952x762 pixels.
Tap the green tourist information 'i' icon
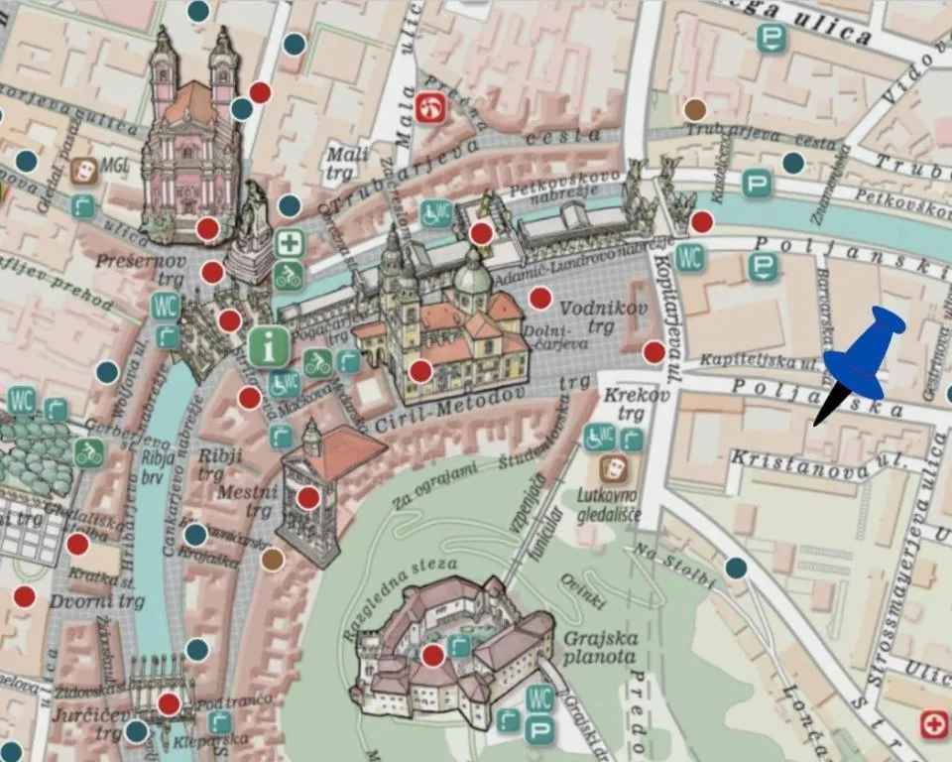coord(269,346)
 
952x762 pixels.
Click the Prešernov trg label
coord(128,270)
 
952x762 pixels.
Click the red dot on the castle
coord(432,655)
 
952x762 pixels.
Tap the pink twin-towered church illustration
coord(191,139)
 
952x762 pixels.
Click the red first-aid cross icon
coord(934,724)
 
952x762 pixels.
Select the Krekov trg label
coord(623,405)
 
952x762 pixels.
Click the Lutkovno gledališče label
coord(608,505)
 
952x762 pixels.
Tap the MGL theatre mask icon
coord(84,170)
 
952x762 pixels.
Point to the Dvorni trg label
coord(97,601)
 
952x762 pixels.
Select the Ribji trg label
coord(220,462)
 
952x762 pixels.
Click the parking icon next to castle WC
coord(540,732)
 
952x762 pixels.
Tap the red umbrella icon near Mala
coord(429,107)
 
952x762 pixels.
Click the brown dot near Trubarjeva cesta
coord(695,109)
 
